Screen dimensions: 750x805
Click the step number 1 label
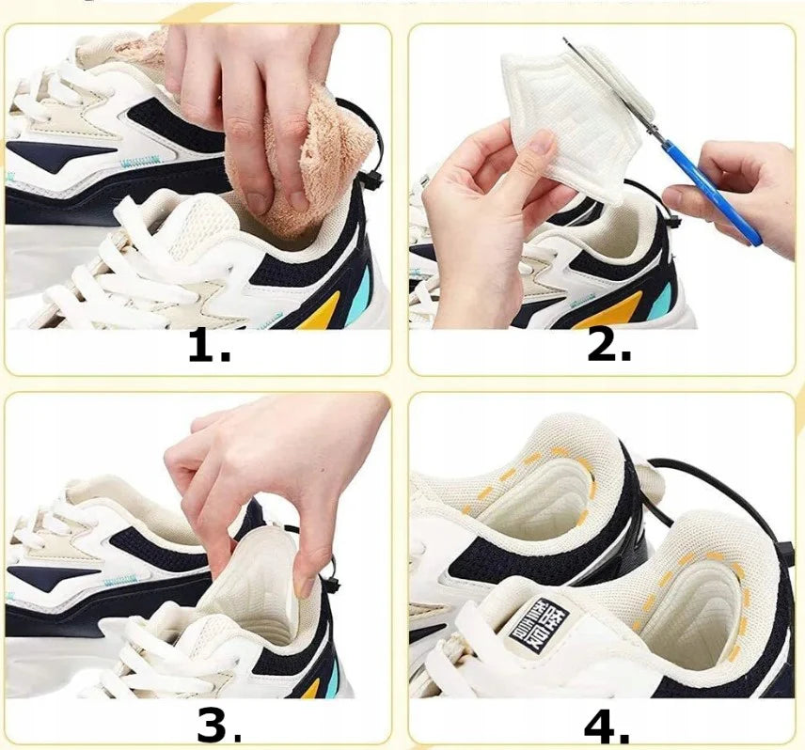click(209, 347)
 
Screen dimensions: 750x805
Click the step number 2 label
click(608, 347)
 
